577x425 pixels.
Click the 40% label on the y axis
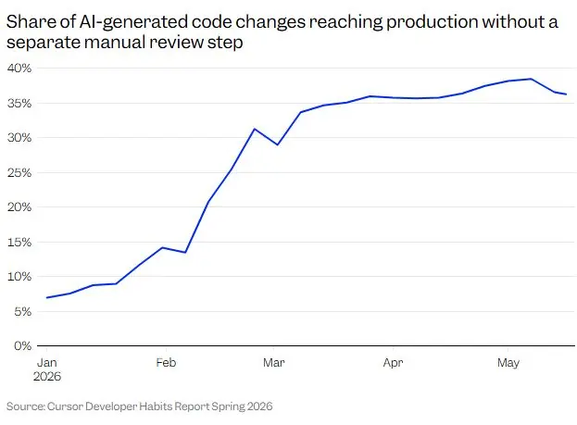19,69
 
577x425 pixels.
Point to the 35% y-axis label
19,103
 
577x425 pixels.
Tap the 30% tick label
19,138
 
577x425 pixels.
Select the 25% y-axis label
19,172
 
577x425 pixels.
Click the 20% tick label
19,206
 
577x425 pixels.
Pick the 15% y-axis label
19,242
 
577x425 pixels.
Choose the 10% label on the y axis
19,276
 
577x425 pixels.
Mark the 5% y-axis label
22,312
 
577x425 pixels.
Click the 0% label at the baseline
22,346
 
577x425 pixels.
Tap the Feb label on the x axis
166,362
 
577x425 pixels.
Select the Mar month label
274,362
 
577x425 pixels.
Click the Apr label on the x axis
393,363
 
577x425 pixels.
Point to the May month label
508,363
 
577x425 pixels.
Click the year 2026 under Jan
47,377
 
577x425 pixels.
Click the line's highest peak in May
531,79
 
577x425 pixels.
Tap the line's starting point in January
46,297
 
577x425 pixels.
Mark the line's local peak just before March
255,129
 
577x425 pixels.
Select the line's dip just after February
185,253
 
